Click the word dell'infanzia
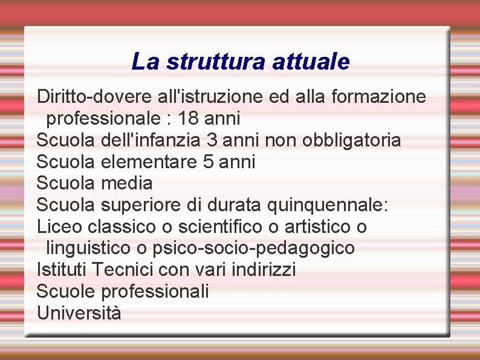click(x=151, y=140)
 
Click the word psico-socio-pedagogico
click(x=254, y=248)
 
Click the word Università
click(x=79, y=313)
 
